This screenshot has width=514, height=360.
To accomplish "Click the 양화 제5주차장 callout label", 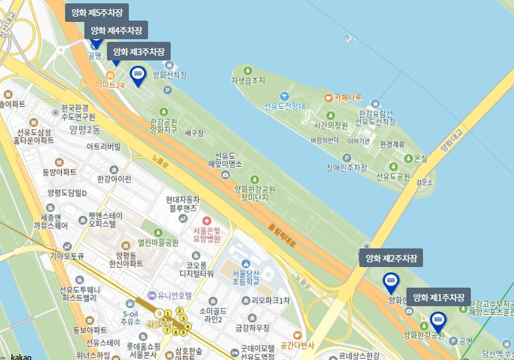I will pyautogui.click(x=97, y=13).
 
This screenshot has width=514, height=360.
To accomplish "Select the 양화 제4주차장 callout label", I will pyautogui.click(x=116, y=31).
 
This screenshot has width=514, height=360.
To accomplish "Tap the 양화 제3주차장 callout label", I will pyautogui.click(x=139, y=51).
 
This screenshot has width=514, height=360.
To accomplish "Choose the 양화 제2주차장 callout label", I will pyautogui.click(x=391, y=258).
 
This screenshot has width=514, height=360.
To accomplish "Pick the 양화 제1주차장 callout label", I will pyautogui.click(x=438, y=297).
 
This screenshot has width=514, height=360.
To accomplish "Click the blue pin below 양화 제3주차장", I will pyautogui.click(x=138, y=75).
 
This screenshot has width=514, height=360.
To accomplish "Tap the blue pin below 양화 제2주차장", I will pyautogui.click(x=391, y=283).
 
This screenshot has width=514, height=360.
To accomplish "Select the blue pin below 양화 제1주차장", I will pyautogui.click(x=438, y=321).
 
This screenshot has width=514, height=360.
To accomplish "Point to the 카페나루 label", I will pyautogui.click(x=347, y=98).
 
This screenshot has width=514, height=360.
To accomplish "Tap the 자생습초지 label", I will pyautogui.click(x=248, y=81).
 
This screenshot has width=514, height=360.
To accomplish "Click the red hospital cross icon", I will pyautogui.click(x=206, y=221).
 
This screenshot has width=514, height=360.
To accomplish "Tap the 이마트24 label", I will pyautogui.click(x=110, y=85).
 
